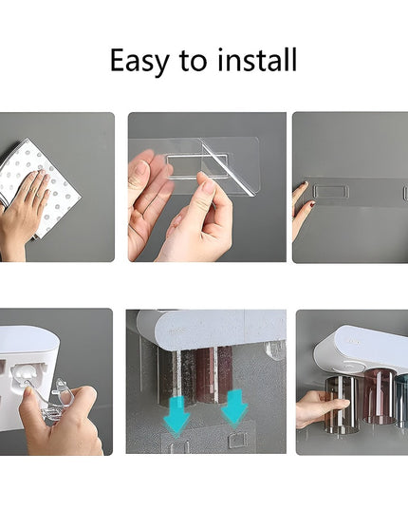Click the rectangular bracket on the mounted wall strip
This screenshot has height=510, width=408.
(331, 192)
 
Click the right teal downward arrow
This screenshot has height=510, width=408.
(233, 406)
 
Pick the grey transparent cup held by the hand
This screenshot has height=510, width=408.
(341, 402)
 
